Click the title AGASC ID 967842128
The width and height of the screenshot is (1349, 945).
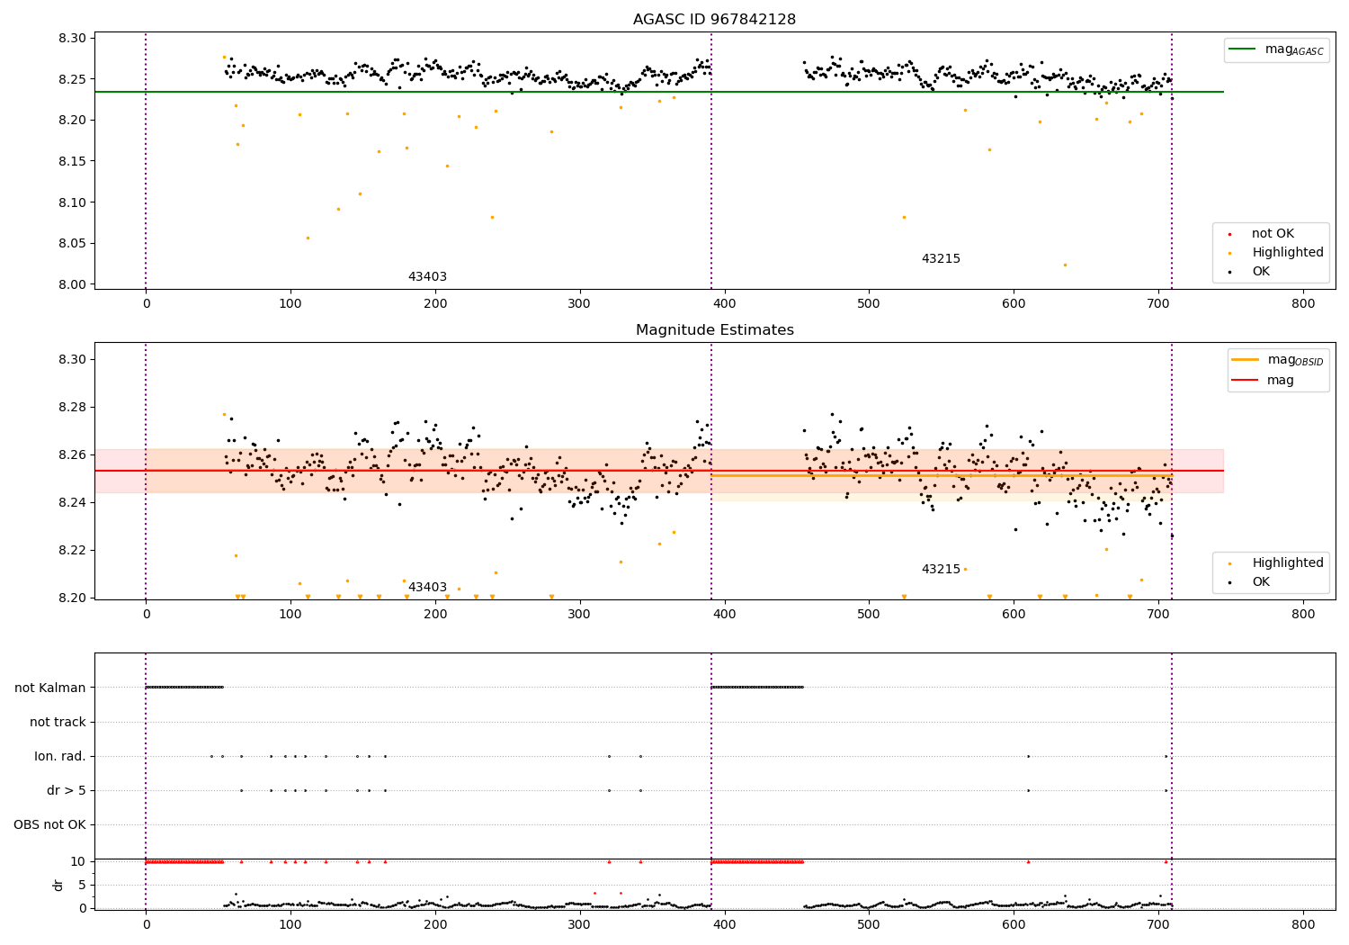[x=714, y=20]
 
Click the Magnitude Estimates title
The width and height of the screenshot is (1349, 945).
[x=714, y=330]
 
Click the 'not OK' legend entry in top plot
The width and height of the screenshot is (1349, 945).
[x=1273, y=234]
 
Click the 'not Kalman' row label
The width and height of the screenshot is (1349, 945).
[x=50, y=688]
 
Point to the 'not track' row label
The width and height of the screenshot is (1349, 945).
[x=58, y=722]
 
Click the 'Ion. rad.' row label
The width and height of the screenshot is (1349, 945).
[x=60, y=756]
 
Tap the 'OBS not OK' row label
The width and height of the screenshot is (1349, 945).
[x=49, y=824]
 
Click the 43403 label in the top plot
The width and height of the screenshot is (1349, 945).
[x=427, y=277]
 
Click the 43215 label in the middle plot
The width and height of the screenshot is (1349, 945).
[x=941, y=570]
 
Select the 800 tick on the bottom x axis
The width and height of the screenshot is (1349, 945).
[x=1303, y=923]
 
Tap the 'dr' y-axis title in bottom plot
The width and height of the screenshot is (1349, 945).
[x=58, y=885]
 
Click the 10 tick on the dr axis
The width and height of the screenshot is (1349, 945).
[x=78, y=861]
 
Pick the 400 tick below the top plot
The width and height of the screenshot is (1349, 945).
[x=724, y=304]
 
